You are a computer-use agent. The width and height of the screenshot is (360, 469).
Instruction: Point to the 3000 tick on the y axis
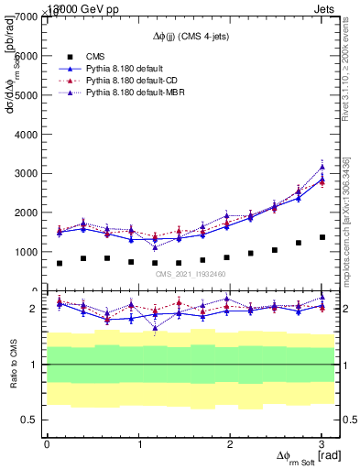[24, 173]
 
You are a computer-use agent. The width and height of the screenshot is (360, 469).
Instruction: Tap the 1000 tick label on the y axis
[24, 251]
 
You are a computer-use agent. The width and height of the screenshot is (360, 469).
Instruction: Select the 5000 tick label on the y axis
[24, 95]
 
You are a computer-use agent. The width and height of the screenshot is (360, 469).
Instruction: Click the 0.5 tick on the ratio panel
[27, 420]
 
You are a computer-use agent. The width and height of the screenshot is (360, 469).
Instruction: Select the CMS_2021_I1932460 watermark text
[190, 274]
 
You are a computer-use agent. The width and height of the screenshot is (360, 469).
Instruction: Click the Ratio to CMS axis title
[12, 365]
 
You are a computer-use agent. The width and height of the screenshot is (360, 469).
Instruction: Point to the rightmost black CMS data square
[322, 237]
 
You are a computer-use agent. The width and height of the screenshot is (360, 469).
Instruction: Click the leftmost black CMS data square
[60, 263]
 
